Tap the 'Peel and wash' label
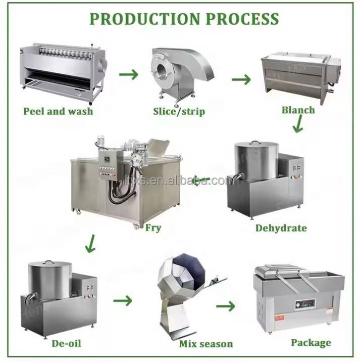tap(58, 110)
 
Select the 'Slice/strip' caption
tap(179, 110)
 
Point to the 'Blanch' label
tap(298, 110)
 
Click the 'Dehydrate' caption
tap(281, 228)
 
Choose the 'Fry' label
tap(153, 228)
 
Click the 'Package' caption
tap(311, 343)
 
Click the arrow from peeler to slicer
tap(129, 75)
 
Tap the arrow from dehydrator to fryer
tap(202, 179)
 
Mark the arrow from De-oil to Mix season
tap(122, 301)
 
